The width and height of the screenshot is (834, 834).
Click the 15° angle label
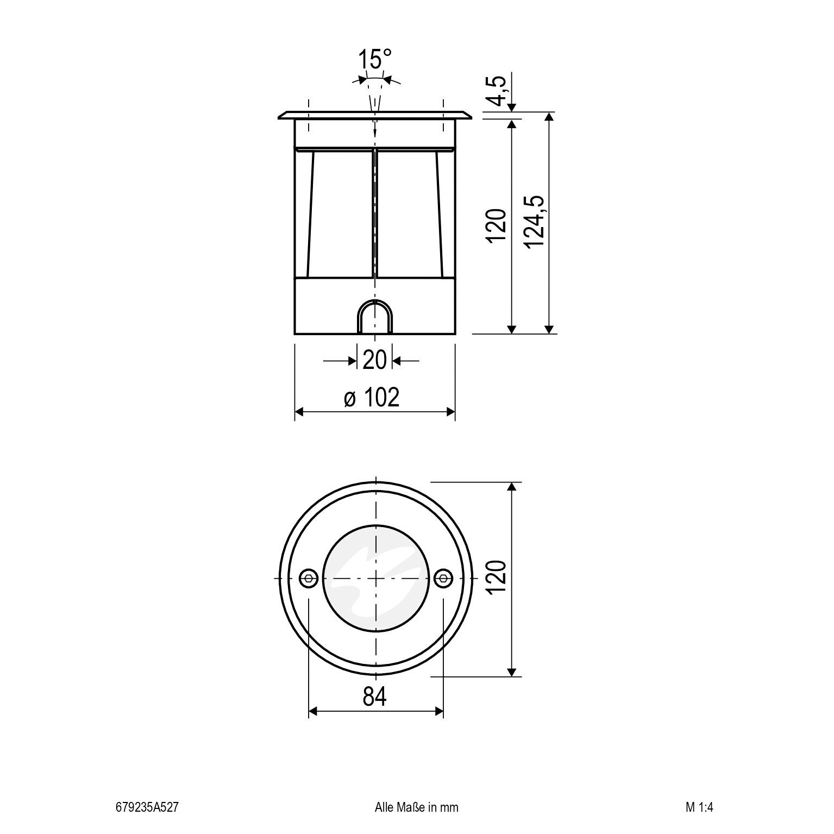tap(375, 59)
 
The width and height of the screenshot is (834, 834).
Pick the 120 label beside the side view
tap(497, 225)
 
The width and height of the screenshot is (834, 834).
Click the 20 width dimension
tap(374, 360)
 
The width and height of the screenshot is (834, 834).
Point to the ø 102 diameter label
tap(372, 397)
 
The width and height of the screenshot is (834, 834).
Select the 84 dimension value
tap(375, 697)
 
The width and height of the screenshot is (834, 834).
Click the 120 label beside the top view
tap(497, 578)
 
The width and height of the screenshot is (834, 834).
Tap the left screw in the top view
tap(309, 578)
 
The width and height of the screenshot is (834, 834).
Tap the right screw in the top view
tap(443, 578)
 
